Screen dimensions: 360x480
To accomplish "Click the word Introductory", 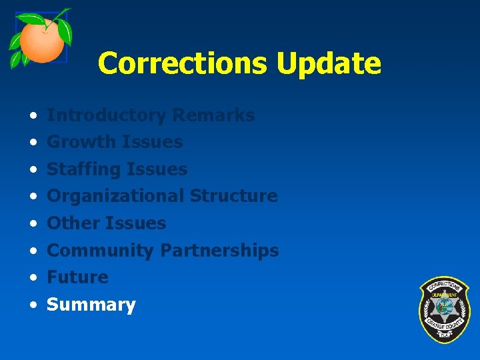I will [107, 115].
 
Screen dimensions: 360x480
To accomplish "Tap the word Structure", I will [233, 196].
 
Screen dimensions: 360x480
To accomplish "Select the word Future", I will [77, 277].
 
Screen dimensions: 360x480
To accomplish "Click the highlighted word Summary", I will [91, 305].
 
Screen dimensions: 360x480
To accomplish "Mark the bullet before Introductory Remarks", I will [33, 116].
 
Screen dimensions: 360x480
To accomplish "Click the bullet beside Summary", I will [33, 305].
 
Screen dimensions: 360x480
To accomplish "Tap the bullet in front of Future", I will [33, 278].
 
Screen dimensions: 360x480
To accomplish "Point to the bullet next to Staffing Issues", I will [33, 170].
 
